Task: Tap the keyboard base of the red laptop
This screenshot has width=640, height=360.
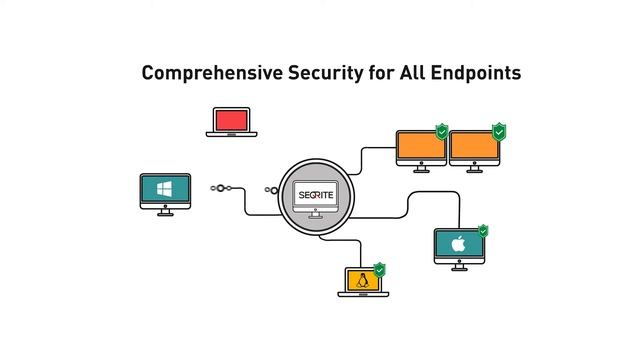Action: coord(232,134)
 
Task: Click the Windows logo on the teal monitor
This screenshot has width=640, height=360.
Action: coord(165,189)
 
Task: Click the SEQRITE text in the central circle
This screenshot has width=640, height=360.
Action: coord(316,193)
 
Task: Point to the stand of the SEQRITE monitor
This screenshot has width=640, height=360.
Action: coord(316,213)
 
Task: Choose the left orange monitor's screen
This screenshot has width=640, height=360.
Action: coord(421,147)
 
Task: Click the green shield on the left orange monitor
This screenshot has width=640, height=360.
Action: coord(441,131)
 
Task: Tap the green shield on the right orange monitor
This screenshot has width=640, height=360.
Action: coord(499,131)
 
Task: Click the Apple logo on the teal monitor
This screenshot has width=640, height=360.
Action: coord(459,244)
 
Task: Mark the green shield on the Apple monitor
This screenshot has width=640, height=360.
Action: coord(483,231)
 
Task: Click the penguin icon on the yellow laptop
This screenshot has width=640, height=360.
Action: coord(362,281)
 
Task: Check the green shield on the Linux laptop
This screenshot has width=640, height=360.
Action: coord(379,269)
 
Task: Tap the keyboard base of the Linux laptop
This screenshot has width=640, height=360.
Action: coord(362,294)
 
